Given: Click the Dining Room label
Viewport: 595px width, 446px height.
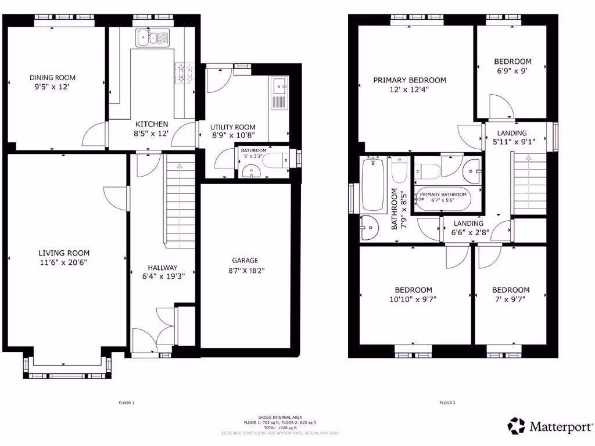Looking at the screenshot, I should (x=53, y=77).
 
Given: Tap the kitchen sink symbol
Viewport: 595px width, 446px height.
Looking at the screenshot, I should (x=152, y=38).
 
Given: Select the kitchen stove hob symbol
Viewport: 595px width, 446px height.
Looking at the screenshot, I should (x=185, y=73).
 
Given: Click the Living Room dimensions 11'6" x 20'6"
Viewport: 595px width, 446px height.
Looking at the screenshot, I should (x=64, y=262).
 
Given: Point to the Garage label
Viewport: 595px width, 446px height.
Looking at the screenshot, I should (x=245, y=260).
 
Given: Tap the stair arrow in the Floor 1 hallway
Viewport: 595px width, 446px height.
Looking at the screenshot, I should (x=179, y=166).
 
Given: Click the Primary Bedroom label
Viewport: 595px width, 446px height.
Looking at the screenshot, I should (x=410, y=80).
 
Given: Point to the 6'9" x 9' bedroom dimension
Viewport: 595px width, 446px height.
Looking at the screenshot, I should (x=512, y=71).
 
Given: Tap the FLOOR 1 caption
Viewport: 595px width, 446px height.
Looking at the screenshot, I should (x=126, y=402).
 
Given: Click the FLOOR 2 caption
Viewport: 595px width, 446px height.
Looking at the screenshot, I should (x=447, y=402).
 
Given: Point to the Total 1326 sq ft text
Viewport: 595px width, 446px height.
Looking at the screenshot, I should (x=280, y=427).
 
